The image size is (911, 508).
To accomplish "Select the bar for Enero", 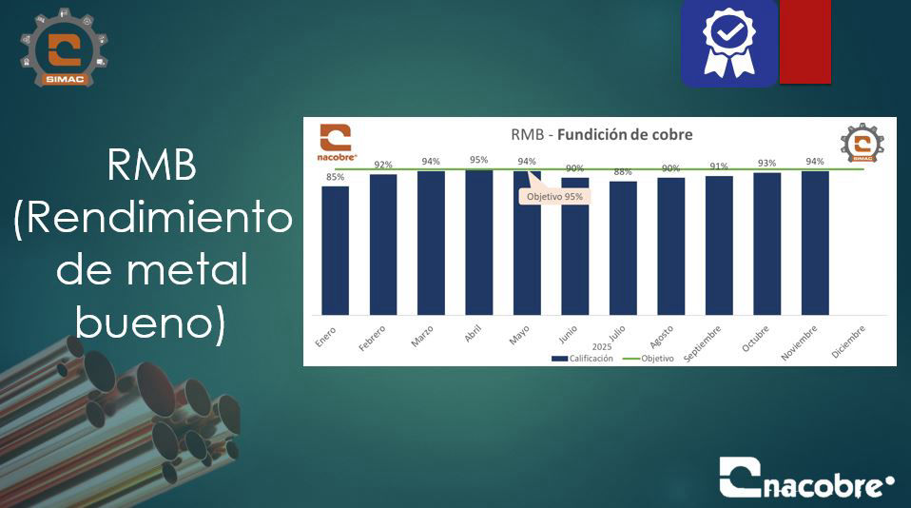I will (335, 250).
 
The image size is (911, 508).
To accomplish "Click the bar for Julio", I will (623, 247).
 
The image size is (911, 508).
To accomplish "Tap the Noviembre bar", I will (815, 243).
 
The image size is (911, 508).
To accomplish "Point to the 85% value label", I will (335, 177).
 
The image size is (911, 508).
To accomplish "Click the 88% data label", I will (623, 172).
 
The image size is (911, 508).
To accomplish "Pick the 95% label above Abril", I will (478, 160).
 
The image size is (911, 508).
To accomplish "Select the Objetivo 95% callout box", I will (555, 196).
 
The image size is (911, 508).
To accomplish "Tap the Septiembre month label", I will (703, 342).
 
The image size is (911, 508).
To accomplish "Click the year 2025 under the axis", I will (602, 347).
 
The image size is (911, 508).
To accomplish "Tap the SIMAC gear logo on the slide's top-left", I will (64, 50).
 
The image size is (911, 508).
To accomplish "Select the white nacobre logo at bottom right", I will (806, 479).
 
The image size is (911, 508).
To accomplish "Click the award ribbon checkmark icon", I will (728, 42).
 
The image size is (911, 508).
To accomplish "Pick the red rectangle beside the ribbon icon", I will (804, 42).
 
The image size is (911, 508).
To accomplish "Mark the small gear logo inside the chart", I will (862, 145).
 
